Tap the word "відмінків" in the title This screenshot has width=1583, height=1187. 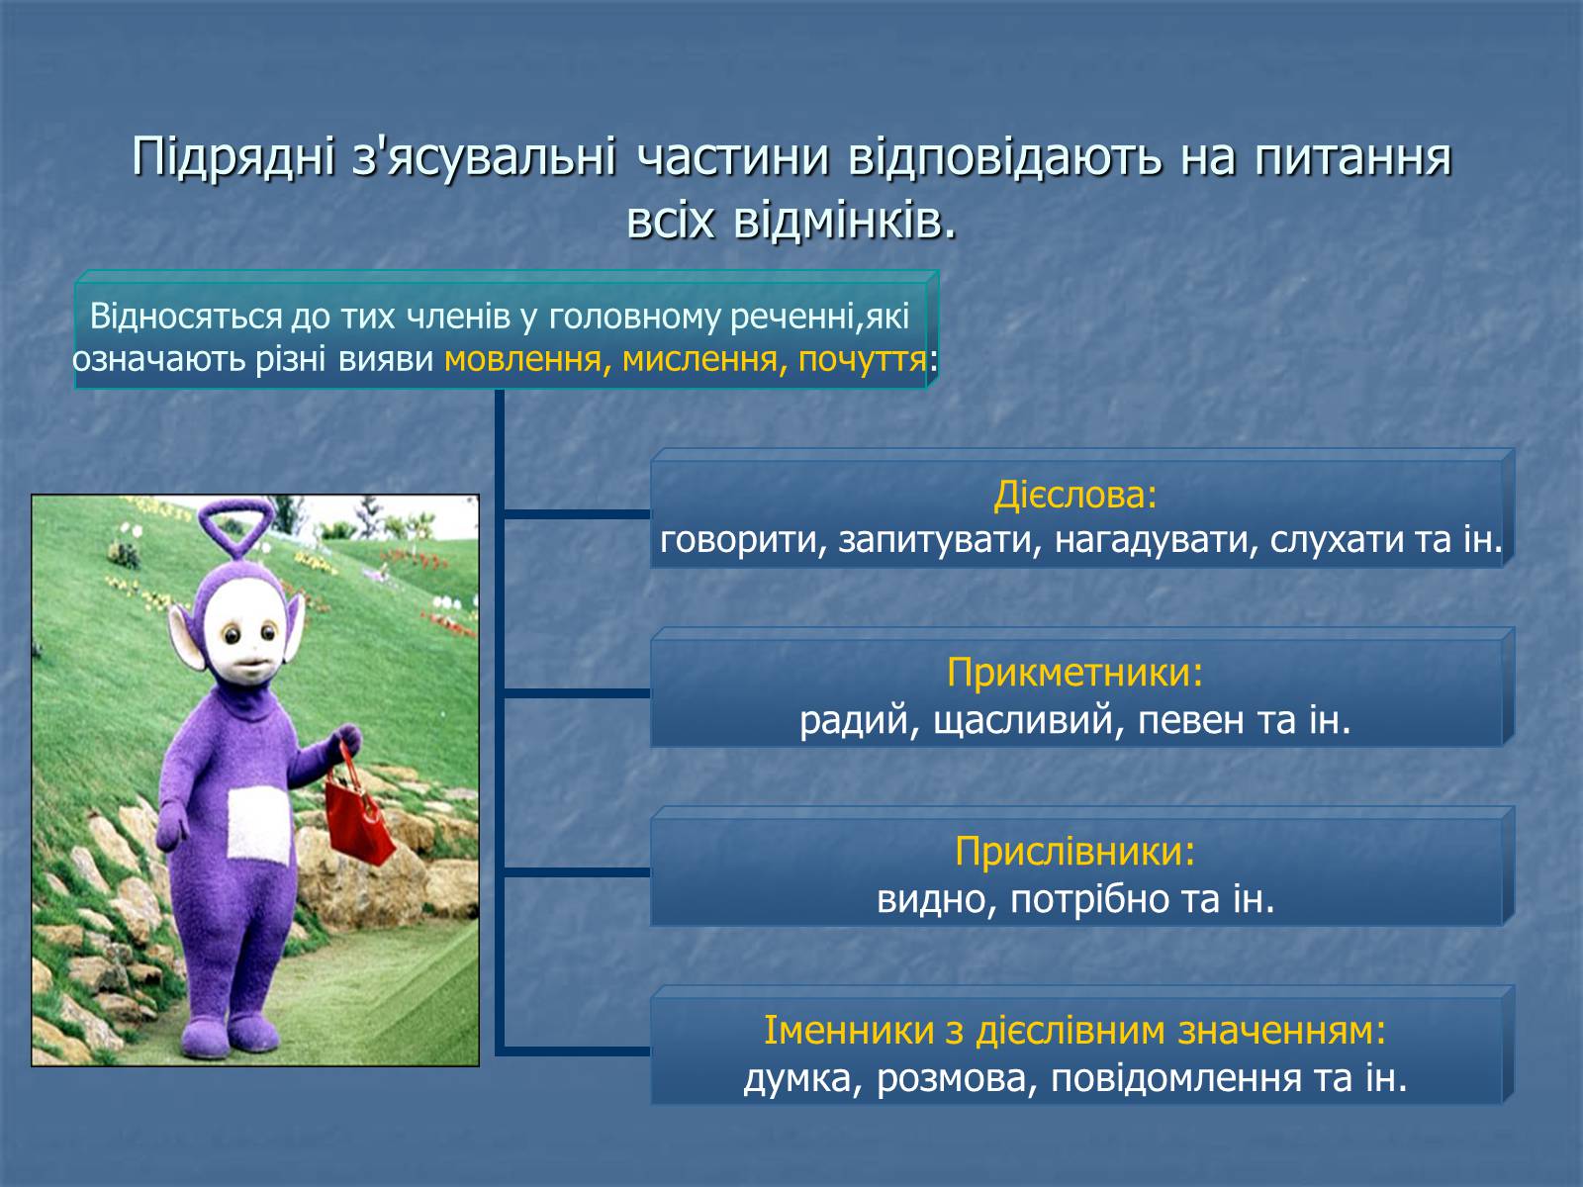point(844,221)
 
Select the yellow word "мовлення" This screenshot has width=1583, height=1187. point(522,359)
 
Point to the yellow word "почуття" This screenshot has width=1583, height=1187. point(862,359)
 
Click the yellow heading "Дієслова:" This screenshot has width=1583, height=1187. point(1075,496)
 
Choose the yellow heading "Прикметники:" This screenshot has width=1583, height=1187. point(1075,673)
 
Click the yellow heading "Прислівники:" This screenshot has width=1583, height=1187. point(1075,851)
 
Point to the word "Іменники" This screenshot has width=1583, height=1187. point(849,1030)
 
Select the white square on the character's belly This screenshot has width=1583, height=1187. point(259,825)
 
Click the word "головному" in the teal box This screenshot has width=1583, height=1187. point(634,319)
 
